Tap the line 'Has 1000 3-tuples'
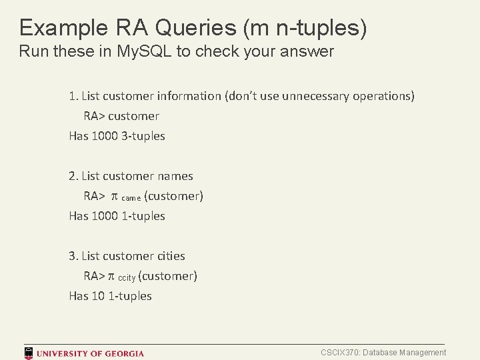(x=117, y=136)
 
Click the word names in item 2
(x=175, y=176)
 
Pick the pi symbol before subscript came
(x=113, y=197)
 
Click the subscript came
(x=131, y=198)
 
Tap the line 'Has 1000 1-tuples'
(x=117, y=216)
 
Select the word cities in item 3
(x=171, y=256)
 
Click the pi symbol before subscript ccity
(x=111, y=277)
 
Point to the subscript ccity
(x=127, y=278)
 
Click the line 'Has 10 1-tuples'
(x=110, y=296)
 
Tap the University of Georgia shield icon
(x=29, y=353)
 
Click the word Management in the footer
(x=424, y=353)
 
